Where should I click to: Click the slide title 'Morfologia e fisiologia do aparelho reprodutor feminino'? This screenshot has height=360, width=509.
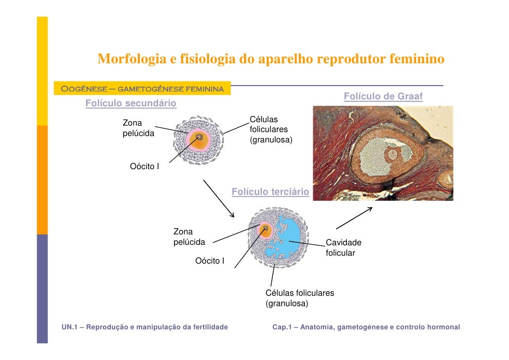(271, 60)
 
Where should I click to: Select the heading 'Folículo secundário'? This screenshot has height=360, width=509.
(130, 104)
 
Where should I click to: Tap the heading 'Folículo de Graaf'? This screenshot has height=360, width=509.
(383, 96)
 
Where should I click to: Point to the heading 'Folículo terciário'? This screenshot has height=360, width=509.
(270, 192)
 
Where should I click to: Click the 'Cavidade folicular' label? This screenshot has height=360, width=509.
(343, 248)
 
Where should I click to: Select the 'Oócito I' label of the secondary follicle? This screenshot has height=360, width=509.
(144, 167)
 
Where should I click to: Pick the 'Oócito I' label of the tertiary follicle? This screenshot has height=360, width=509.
(210, 261)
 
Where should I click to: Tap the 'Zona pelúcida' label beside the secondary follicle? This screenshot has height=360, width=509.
(138, 128)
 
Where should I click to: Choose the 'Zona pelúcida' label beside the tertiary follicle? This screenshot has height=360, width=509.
(189, 237)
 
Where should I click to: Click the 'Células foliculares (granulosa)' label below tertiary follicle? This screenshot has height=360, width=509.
(299, 298)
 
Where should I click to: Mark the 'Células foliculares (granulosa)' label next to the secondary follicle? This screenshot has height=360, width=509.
(271, 130)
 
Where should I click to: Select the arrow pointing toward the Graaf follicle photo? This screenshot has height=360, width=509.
(354, 218)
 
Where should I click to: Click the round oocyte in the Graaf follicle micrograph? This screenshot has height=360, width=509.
(393, 154)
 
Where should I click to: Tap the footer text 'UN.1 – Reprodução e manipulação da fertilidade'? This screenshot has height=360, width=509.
(145, 327)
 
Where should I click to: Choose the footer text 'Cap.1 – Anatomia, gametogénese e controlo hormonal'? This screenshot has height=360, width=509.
(366, 327)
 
